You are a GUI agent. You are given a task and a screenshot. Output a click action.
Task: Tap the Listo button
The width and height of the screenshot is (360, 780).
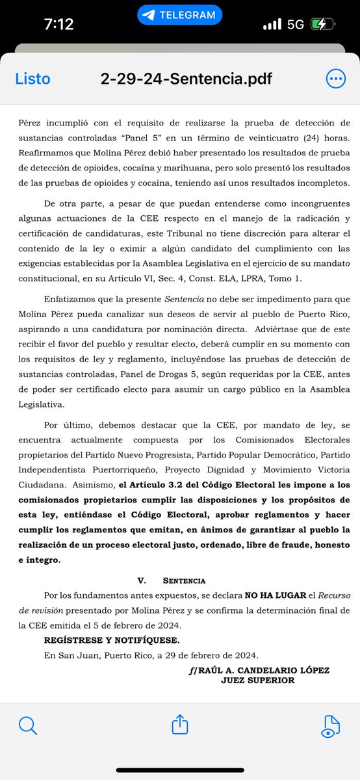[32, 79]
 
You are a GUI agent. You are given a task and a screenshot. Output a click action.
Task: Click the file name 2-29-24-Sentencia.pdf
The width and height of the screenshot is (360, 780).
[186, 79]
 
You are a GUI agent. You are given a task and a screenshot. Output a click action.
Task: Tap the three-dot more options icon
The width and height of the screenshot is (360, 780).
[336, 79]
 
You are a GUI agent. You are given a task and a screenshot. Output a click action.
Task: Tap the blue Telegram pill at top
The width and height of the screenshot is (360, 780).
[179, 14]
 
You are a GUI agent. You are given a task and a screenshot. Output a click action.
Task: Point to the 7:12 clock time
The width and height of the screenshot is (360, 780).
[58, 25]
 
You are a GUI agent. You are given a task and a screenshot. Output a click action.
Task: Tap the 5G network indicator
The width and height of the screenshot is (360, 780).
[295, 25]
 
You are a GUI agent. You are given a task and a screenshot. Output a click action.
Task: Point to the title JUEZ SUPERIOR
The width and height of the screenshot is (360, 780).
[257, 681]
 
